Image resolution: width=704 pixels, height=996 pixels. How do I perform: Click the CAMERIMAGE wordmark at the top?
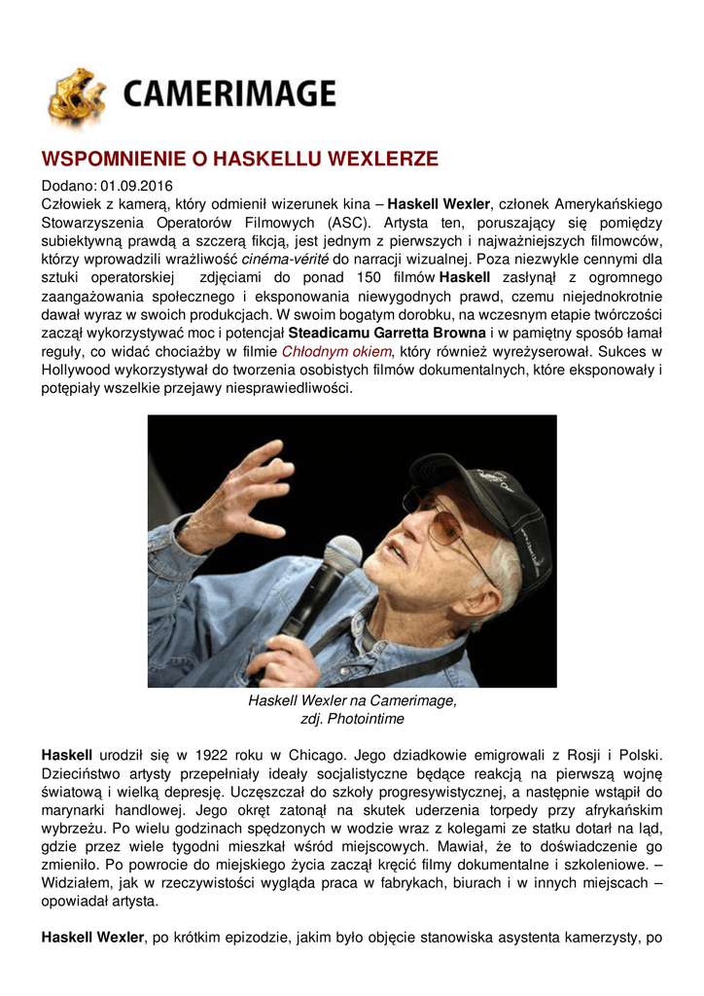point(229,95)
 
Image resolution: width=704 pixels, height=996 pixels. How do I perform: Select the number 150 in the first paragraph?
point(384,278)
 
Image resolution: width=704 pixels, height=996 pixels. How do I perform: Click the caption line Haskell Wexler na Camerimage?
point(352,700)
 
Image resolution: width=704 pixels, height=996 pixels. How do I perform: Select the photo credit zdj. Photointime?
point(352,719)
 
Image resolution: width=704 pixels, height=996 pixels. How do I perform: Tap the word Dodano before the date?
point(67,186)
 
